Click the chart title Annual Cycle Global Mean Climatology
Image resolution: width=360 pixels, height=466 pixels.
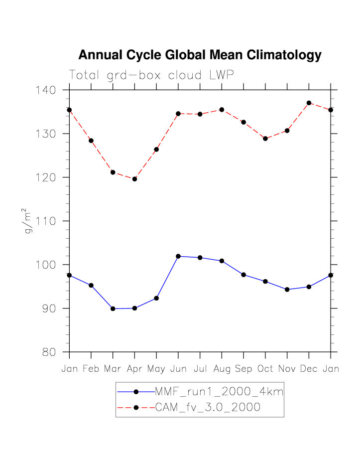(x=200, y=55)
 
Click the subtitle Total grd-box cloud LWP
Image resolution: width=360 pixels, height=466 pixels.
(x=151, y=75)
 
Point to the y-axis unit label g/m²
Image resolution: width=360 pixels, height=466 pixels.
(x=30, y=221)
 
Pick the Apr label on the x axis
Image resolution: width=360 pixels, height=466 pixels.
(x=134, y=369)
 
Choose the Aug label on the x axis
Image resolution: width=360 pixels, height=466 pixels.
(x=222, y=369)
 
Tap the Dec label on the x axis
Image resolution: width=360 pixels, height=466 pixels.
(x=309, y=369)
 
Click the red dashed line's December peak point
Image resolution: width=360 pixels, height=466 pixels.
(x=309, y=103)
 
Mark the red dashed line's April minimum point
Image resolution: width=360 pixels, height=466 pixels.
(x=134, y=179)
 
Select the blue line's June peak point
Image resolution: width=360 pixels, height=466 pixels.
(x=178, y=256)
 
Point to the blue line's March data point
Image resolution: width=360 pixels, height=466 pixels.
(x=113, y=309)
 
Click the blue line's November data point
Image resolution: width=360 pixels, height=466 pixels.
(x=287, y=290)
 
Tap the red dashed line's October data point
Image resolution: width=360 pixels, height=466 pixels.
(x=265, y=139)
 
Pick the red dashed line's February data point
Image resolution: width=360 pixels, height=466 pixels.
(x=91, y=141)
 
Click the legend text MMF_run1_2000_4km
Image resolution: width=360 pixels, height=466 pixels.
(x=219, y=392)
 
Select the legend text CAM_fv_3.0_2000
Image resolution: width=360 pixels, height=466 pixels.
(x=208, y=408)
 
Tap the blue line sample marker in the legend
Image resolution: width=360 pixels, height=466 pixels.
(x=135, y=392)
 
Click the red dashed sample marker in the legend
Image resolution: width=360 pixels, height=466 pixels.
(x=135, y=408)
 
